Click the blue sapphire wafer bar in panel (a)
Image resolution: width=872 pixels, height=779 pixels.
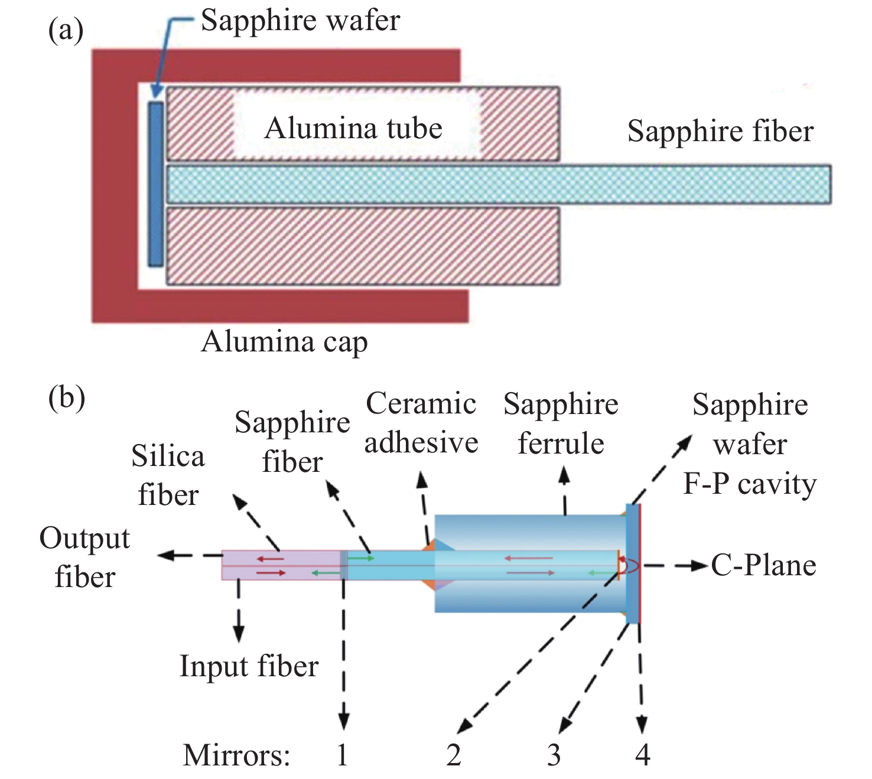click(155, 184)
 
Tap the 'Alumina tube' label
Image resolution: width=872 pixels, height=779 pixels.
click(353, 128)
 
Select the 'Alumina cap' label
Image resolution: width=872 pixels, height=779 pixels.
click(284, 342)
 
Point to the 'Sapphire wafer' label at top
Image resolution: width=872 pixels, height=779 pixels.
click(300, 21)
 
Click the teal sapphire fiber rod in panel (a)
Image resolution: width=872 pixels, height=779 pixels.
click(499, 184)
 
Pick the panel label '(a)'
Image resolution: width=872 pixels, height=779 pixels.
click(66, 30)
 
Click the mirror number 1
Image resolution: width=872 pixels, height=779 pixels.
click(342, 755)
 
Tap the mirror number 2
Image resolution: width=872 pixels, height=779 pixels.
click(453, 755)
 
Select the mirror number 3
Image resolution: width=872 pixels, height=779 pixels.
click(554, 755)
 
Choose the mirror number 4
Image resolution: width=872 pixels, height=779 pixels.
click(643, 755)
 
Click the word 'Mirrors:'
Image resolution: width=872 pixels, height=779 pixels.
click(236, 755)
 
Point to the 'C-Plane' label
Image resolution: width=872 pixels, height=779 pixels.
click(763, 565)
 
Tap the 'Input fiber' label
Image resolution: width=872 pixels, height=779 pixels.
click(249, 666)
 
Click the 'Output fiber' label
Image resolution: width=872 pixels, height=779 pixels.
click(84, 558)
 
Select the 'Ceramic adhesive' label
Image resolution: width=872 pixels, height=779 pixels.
click(421, 423)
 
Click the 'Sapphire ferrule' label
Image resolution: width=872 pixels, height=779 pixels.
click(561, 423)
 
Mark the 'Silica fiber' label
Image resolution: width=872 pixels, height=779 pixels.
click(168, 475)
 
